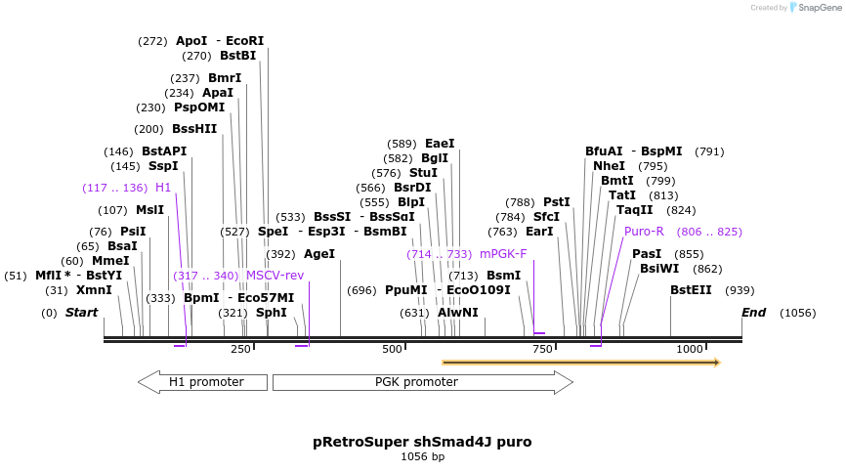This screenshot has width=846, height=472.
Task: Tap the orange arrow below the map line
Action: [x=580, y=363]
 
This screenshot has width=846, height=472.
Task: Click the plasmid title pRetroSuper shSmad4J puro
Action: [x=422, y=442]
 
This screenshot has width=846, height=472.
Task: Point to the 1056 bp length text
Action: [x=422, y=456]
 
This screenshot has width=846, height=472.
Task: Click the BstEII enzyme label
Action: [x=691, y=290]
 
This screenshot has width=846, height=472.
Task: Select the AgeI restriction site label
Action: [x=319, y=253]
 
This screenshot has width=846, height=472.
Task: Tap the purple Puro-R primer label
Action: [x=644, y=232]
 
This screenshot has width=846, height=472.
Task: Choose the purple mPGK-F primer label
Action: [x=503, y=254]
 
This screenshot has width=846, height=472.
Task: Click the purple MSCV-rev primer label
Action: [x=275, y=276]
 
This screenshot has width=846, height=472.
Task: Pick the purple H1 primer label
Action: [x=163, y=188]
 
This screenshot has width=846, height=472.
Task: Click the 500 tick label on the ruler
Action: [x=393, y=349]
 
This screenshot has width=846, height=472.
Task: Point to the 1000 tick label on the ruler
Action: [x=690, y=349]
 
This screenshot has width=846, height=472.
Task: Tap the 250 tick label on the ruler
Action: [x=240, y=349]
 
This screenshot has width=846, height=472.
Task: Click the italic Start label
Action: [x=82, y=313]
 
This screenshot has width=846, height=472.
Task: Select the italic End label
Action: [x=753, y=313]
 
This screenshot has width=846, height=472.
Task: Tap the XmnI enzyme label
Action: [x=94, y=290]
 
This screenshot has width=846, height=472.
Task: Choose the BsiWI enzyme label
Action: [x=659, y=269]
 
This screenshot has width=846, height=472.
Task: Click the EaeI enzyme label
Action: [x=440, y=144]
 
